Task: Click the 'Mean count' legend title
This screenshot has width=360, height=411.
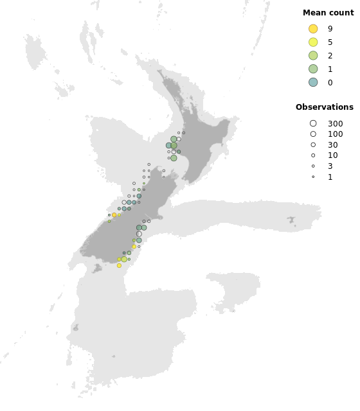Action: click(328, 13)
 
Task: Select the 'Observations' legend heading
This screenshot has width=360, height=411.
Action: click(324, 107)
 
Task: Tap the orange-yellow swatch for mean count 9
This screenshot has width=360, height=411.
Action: click(313, 29)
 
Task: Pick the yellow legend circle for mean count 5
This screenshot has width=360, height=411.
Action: click(313, 42)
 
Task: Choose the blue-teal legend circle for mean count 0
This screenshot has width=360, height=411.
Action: click(313, 82)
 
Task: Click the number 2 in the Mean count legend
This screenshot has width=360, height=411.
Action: click(330, 56)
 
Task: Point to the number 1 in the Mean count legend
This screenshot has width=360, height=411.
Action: click(330, 69)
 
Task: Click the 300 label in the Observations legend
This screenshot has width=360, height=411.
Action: click(335, 124)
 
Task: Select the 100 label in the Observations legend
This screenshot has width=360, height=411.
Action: click(335, 134)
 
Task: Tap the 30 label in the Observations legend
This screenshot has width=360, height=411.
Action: click(332, 145)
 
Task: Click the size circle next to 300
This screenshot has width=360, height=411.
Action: click(313, 123)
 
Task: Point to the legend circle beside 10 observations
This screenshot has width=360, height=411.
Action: click(313, 155)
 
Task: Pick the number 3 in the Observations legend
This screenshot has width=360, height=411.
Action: click(330, 166)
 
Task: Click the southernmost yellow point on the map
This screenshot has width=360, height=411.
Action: click(119, 265)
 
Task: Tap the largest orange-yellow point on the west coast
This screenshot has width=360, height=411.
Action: click(114, 215)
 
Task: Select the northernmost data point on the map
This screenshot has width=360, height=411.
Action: click(183, 133)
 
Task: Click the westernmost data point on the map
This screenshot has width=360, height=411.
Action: click(109, 215)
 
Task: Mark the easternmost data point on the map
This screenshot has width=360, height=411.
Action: click(183, 133)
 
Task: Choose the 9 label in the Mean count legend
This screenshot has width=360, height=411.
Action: click(330, 29)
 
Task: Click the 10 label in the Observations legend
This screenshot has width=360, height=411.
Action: click(332, 155)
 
